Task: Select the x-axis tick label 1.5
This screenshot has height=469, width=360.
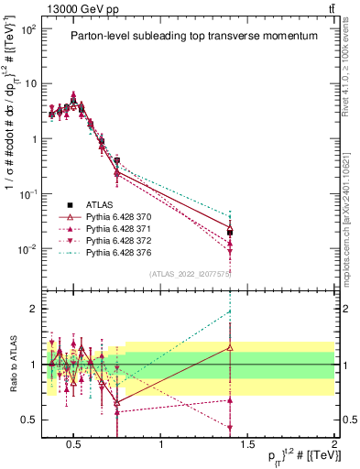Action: pyautogui.click(x=248, y=445)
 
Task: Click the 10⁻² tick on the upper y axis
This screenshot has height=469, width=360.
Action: pyautogui.click(x=30, y=249)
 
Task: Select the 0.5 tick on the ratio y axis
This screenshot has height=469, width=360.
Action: pyautogui.click(x=29, y=420)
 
